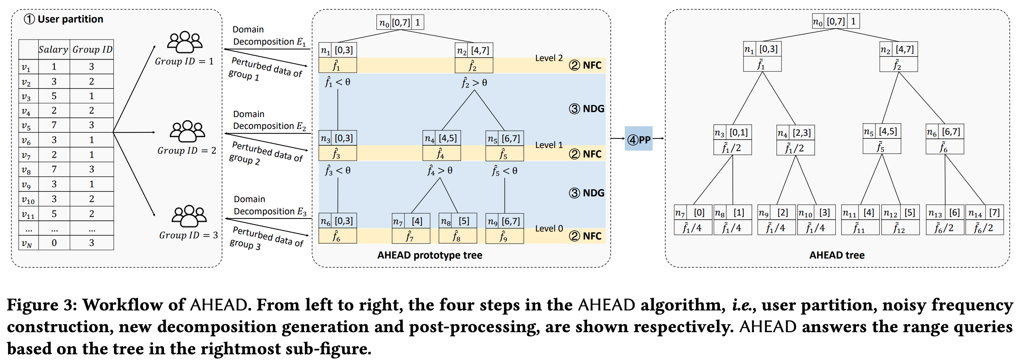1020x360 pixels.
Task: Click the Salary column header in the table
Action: [x=53, y=50]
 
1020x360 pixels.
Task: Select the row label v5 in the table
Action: [x=27, y=126]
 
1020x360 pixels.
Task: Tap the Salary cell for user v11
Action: [x=54, y=214]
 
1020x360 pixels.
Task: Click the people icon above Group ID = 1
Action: [x=185, y=42]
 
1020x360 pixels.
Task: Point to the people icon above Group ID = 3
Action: [x=189, y=216]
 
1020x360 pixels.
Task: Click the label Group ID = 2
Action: [x=187, y=151]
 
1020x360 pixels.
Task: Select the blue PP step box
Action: [x=639, y=139]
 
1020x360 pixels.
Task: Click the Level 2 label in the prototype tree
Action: [x=549, y=58]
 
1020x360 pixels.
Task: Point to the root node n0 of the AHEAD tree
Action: [x=835, y=21]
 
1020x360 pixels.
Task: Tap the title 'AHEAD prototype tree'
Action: [x=430, y=255]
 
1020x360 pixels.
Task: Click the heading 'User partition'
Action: [x=70, y=19]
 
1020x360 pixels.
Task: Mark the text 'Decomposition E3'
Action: [x=270, y=212]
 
